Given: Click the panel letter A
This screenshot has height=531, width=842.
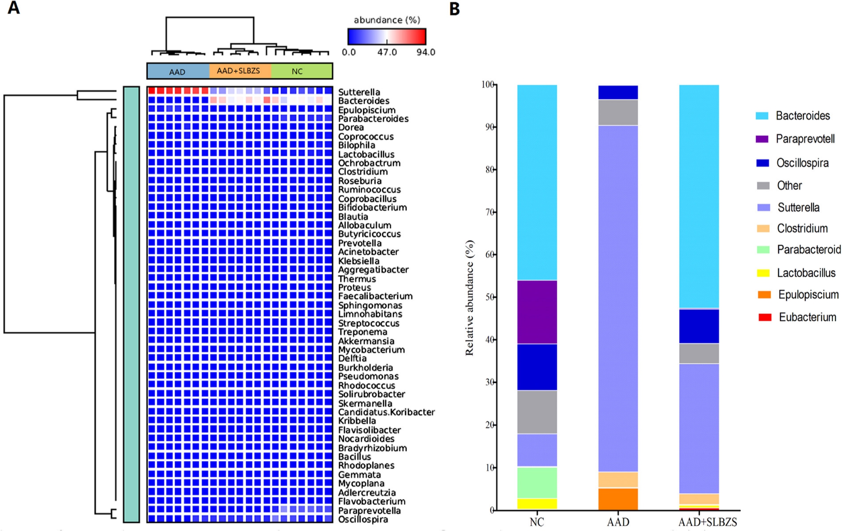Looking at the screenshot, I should tap(14, 8).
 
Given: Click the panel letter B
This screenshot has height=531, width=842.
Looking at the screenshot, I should tap(454, 9).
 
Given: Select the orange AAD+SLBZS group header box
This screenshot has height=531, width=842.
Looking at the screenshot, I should tap(240, 71).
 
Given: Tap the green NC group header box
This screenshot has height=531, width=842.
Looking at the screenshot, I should tap(302, 71).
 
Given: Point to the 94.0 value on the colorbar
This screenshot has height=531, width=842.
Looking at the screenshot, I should tap(426, 52).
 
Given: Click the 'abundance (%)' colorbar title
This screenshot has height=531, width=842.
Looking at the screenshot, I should tap(387, 20).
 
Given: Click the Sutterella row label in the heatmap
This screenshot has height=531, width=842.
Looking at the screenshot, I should tap(359, 92).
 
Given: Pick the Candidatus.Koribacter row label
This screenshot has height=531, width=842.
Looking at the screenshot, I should tap(386, 412).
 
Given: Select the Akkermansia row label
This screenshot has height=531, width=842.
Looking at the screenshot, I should tap(366, 341).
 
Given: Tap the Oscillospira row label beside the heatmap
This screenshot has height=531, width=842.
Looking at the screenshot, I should tap(363, 519).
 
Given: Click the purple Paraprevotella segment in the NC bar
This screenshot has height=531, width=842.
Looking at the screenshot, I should tap(537, 312).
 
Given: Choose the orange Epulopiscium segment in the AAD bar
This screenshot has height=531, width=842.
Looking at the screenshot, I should tap(618, 499).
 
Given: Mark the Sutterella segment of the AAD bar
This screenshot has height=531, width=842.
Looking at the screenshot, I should tap(618, 299).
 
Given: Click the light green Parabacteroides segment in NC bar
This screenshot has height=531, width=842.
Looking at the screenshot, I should tap(537, 483).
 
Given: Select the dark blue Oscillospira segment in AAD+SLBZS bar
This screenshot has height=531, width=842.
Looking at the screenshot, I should tap(699, 326).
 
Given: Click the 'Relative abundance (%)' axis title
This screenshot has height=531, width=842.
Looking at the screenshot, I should tap(470, 297).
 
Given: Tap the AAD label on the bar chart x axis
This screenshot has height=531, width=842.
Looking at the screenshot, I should tap(618, 522).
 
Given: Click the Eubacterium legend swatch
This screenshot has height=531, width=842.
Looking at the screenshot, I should tap(764, 317).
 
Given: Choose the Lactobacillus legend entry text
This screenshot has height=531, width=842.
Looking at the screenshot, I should tap(806, 273).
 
